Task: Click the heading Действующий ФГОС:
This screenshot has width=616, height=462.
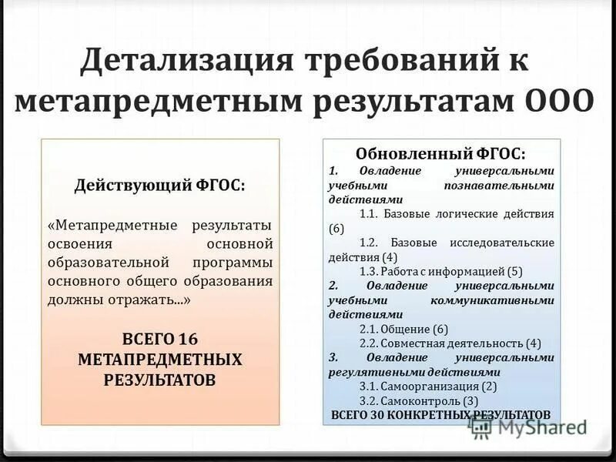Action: [160, 186]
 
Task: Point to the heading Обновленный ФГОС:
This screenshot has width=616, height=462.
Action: [441, 153]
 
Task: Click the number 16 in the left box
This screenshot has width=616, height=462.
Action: [188, 340]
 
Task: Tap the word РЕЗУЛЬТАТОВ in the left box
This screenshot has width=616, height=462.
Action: [160, 379]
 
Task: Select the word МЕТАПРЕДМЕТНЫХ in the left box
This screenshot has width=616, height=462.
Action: [160, 360]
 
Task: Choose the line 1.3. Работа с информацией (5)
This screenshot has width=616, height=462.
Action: [441, 271]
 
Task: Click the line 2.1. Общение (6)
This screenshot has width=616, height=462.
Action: [403, 329]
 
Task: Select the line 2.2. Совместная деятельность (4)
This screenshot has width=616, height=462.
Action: [450, 343]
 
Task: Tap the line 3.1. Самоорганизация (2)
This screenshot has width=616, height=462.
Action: [428, 387]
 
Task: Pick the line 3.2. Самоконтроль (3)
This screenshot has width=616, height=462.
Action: [419, 401]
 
